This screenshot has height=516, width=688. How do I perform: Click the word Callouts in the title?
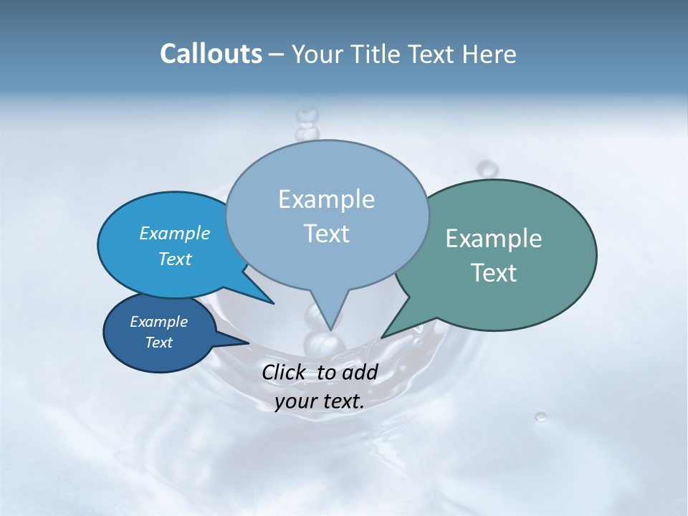tap(211, 54)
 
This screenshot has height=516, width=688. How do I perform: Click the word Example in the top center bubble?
tap(326, 199)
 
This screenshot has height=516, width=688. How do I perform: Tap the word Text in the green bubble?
tap(494, 273)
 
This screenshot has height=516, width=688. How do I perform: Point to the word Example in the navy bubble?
tap(158, 322)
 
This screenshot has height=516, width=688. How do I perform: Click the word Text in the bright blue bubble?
tap(175, 259)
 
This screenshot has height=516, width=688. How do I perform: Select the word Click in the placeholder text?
tap(284, 372)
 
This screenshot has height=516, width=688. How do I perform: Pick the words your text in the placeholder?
tap(320, 402)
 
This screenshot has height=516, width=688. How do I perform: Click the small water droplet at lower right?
tap(541, 416)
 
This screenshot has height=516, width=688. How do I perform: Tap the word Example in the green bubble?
tap(494, 239)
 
